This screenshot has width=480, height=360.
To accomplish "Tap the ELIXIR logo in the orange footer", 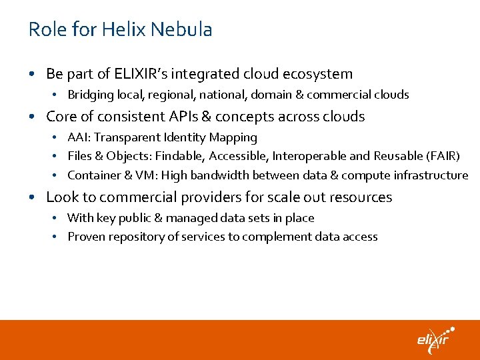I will pyautogui.click(x=435, y=339).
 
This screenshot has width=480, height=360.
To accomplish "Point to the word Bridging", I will pyautogui.click(x=89, y=95).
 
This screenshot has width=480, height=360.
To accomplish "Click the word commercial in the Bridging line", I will pyautogui.click(x=329, y=95).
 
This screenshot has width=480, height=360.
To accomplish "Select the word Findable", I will pyautogui.click(x=179, y=156).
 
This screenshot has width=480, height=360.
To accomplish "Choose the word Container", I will pyautogui.click(x=93, y=175).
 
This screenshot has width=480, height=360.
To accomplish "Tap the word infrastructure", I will pyautogui.click(x=429, y=175).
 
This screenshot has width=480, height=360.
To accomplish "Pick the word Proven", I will pyautogui.click(x=85, y=237).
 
